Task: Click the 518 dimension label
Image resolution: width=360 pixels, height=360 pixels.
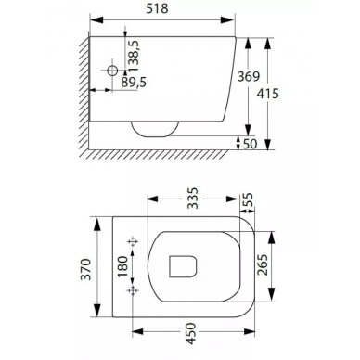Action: coord(157,8)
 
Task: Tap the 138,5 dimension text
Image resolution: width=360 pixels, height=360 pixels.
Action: coord(135,57)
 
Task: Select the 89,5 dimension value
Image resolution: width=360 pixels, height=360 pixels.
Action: coord(134,83)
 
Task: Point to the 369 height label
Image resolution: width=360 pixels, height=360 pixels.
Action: coord(249,76)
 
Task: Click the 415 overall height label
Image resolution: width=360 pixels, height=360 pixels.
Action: coord(268,94)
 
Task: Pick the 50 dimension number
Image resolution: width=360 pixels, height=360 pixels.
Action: coord(250,144)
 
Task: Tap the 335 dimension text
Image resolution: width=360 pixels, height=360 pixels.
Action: coord(193,199)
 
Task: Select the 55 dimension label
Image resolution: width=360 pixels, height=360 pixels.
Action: coord(248,199)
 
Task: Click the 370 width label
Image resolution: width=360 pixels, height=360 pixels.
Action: coord(86,269)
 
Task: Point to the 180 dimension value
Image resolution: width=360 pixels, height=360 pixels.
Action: coord(122,266)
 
